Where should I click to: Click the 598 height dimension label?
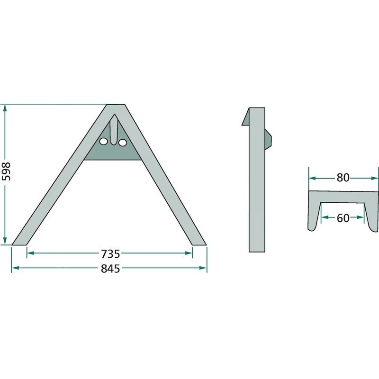(6, 171)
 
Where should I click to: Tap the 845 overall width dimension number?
(110, 269)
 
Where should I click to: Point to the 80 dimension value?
(343, 178)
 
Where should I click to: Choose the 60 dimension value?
(343, 218)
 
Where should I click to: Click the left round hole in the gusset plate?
(104, 142)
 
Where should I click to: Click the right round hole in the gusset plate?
(123, 143)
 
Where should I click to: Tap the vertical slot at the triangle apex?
(114, 129)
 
